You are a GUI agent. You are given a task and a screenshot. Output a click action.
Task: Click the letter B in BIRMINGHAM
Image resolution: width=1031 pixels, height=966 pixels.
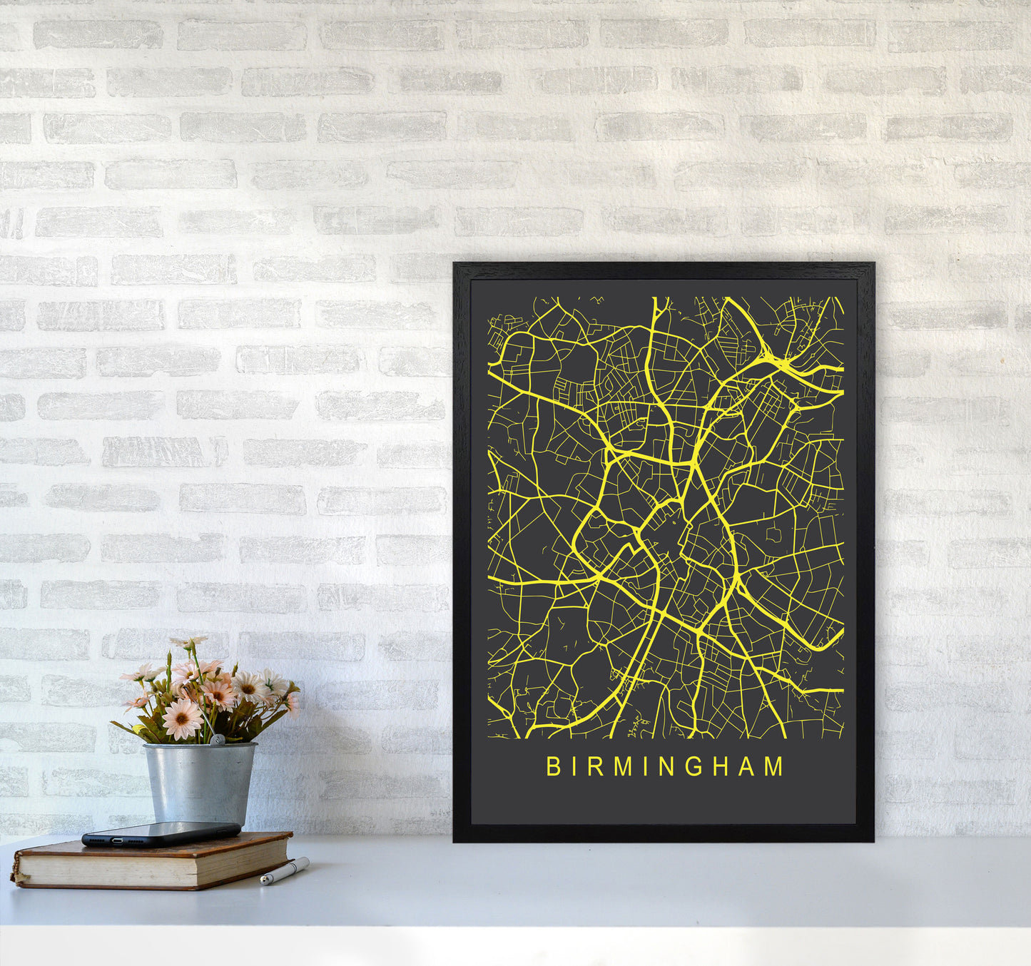tap(552, 767)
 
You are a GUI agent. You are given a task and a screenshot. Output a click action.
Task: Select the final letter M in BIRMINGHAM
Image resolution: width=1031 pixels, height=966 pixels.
tap(773, 767)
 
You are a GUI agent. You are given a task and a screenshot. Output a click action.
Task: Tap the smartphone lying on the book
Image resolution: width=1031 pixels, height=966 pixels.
tap(161, 833)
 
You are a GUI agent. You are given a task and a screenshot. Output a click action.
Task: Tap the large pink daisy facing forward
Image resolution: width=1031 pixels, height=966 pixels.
tap(183, 718)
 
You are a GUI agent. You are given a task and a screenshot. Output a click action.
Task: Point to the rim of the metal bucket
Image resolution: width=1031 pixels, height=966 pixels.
tap(199, 746)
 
